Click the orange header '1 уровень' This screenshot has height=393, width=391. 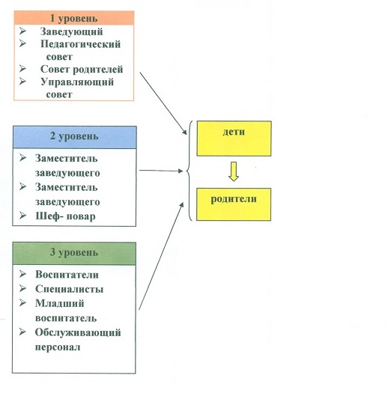(x=73, y=18)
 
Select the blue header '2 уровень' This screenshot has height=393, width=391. (x=75, y=137)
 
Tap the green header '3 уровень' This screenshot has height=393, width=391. (x=74, y=253)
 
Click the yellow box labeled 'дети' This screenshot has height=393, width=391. (x=234, y=138)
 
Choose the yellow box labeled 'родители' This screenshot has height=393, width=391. (x=234, y=204)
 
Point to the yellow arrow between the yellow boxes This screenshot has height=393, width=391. (x=234, y=171)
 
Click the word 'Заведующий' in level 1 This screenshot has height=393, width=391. (x=71, y=32)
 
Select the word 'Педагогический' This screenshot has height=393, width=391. (x=80, y=44)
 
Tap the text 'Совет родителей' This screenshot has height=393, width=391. (x=82, y=70)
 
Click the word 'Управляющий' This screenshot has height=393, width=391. (x=77, y=82)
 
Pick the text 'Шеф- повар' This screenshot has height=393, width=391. (x=65, y=216)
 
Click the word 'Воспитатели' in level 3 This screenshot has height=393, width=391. (x=67, y=275)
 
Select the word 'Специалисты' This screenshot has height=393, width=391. (x=69, y=289)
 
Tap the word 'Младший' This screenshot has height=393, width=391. (x=60, y=303)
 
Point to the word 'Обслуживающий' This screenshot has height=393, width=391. (x=78, y=332)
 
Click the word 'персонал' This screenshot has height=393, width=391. (x=58, y=347)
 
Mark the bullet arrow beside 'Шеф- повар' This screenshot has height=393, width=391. (x=22, y=216)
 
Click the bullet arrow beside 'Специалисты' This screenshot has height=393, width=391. (x=22, y=288)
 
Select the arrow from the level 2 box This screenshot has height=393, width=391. (x=161, y=171)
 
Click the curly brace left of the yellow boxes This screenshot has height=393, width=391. (x=190, y=171)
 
